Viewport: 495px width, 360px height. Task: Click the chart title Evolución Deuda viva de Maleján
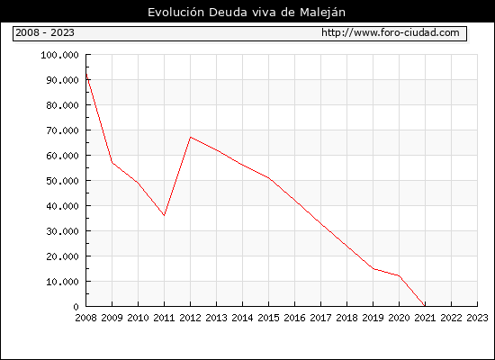247,13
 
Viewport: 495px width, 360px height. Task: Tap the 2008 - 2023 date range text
45,32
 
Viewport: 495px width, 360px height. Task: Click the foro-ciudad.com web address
391,32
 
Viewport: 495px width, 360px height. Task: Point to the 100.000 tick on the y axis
59,55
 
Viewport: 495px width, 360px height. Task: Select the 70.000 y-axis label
62,130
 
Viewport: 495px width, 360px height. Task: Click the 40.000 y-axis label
62,206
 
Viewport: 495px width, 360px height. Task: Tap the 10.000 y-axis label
62,282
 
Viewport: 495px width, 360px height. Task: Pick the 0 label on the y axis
76,307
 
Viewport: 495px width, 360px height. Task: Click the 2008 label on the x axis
85,318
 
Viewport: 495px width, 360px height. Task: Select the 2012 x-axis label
191,318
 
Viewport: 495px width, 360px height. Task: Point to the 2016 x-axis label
294,318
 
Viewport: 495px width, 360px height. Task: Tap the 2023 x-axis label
477,318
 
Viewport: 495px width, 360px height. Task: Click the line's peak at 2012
191,137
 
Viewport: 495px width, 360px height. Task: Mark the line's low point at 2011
164,215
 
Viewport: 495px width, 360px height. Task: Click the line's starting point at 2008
86,74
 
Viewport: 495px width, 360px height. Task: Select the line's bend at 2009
112,162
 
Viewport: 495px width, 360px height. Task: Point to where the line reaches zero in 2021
425,306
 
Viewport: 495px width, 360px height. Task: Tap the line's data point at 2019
373,269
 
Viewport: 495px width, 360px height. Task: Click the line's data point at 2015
269,178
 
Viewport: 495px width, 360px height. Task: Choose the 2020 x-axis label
399,318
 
